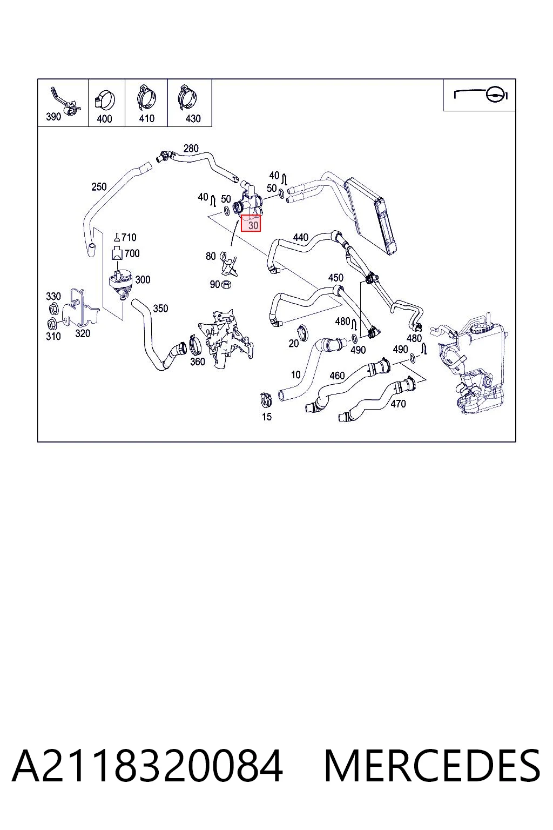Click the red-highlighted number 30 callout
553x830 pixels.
click(x=251, y=223)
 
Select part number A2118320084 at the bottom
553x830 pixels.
click(x=147, y=766)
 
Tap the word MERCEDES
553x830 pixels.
click(x=432, y=766)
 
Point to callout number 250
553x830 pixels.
click(x=99, y=187)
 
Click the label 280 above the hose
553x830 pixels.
click(x=191, y=148)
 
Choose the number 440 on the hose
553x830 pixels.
click(x=300, y=237)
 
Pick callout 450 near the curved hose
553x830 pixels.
click(x=335, y=278)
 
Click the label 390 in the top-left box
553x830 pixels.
click(x=53, y=117)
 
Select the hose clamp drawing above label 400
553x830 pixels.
click(x=105, y=99)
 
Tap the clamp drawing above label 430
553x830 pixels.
click(x=187, y=98)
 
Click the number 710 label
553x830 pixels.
click(x=129, y=237)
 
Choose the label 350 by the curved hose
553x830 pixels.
click(x=160, y=309)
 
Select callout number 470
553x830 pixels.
click(x=398, y=404)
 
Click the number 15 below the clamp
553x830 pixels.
click(x=267, y=417)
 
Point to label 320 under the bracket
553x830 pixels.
click(x=83, y=333)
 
